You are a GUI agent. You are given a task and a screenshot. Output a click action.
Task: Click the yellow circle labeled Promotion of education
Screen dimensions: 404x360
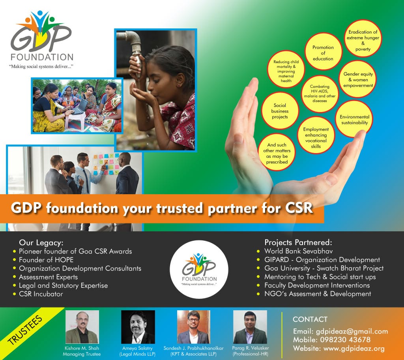coord(323,51)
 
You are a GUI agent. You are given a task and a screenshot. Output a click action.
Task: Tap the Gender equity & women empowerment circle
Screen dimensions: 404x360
coord(357,79)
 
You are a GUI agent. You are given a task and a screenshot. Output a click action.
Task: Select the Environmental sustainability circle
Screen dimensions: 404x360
coord(354,119)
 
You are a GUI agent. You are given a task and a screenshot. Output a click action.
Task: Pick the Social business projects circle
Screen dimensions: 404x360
coord(280,111)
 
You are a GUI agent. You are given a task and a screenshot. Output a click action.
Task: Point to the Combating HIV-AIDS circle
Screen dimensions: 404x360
coord(320,94)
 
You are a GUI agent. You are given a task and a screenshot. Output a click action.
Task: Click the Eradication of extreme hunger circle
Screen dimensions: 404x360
coord(363,38)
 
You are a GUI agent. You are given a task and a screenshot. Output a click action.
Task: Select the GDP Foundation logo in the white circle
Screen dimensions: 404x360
coord(199,269)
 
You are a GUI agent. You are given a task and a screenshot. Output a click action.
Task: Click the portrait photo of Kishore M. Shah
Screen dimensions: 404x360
coord(82,327)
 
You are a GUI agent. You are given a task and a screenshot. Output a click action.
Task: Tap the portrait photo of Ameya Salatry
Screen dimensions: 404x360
coord(138,327)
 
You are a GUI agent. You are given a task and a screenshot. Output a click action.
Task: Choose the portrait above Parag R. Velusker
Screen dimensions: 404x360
coord(250,327)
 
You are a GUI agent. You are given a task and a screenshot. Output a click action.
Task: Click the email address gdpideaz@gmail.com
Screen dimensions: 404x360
coord(352,332)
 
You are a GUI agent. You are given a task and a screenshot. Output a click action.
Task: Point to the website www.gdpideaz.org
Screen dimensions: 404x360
coord(354,349)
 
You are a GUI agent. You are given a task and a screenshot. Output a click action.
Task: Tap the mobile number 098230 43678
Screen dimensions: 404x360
coord(345,340)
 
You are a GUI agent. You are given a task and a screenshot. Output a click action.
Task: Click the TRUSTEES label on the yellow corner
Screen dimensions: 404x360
coord(25,330)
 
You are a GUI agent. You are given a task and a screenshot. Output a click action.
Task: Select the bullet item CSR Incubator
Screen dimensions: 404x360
coord(41,294)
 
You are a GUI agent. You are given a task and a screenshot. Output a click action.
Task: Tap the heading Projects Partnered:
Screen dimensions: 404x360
coord(298,242)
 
